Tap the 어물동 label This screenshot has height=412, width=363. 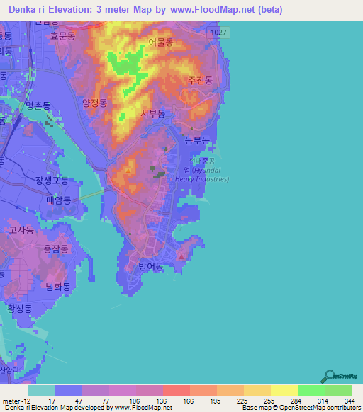(x=161, y=42)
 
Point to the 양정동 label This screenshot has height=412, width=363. (x=95, y=102)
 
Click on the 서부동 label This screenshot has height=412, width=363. (x=153, y=114)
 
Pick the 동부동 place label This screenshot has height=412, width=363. (x=197, y=141)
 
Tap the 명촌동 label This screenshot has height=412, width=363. (x=38, y=105)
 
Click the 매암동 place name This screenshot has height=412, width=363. (x=59, y=200)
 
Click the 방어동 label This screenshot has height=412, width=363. (x=151, y=267)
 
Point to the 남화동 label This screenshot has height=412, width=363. (x=58, y=287)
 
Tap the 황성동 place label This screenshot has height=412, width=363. (x=20, y=309)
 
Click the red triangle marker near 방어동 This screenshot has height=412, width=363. (x=182, y=256)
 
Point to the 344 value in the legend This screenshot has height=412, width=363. (x=350, y=400)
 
